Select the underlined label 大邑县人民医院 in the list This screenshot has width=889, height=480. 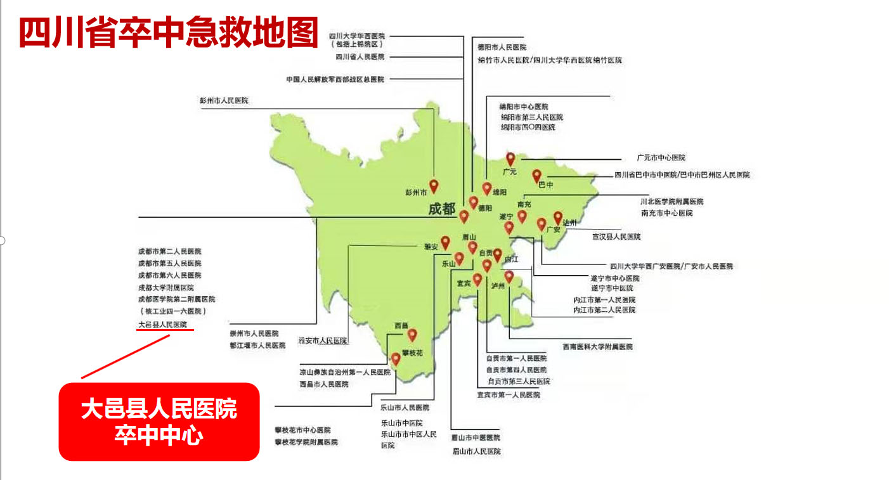163,325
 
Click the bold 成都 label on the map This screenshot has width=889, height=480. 442,209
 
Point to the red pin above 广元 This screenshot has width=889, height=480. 510,159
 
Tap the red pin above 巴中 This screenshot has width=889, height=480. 536,176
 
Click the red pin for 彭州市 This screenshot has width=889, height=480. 434,185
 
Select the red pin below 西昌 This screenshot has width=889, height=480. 412,335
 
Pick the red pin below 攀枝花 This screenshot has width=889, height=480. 396,359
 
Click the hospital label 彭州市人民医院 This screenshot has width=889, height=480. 224,100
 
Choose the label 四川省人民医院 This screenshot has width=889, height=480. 360,56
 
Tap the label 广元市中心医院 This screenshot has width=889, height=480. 661,158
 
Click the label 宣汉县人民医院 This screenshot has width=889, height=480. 616,237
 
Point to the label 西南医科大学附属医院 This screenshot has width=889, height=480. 597,347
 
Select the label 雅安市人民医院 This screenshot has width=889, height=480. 323,341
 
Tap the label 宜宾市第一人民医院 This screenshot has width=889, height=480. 509,394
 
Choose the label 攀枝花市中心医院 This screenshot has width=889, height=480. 302,430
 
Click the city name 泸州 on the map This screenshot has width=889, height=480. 498,286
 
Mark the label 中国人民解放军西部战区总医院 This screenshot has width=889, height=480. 335,79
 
